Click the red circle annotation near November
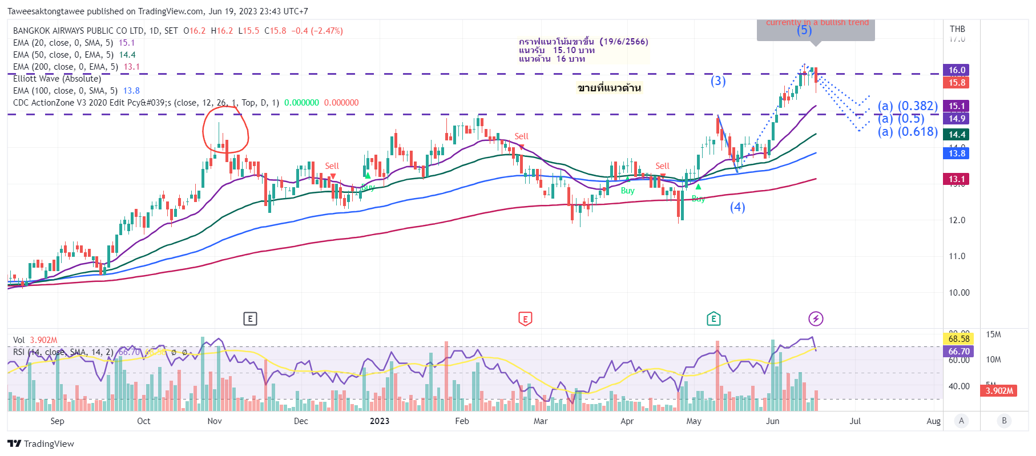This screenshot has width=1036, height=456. tap(225, 132)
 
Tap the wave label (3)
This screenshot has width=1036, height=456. tap(718, 81)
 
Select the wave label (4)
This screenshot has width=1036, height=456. tap(737, 207)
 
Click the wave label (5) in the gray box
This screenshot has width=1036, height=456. tap(804, 30)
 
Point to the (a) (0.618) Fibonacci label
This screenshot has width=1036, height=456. tap(908, 132)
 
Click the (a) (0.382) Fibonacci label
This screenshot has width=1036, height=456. tap(908, 106)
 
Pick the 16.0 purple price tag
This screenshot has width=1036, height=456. tap(957, 70)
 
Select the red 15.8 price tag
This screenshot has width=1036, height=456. tap(957, 83)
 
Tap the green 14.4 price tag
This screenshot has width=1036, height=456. tap(957, 135)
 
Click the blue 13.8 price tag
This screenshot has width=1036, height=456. tap(957, 154)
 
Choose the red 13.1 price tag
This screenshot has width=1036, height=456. tap(957, 179)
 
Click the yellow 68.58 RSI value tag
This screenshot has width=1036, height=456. tap(958, 339)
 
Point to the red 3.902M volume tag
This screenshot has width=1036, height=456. tap(999, 391)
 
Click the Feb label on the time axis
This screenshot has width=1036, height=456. tap(462, 421)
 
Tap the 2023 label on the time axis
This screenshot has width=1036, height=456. tap(380, 421)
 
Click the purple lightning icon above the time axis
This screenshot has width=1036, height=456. tap(816, 318)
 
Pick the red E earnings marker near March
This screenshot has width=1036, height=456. tap(525, 319)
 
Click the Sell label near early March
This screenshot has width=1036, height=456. tap(521, 136)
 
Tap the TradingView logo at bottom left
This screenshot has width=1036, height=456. tap(41, 444)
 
